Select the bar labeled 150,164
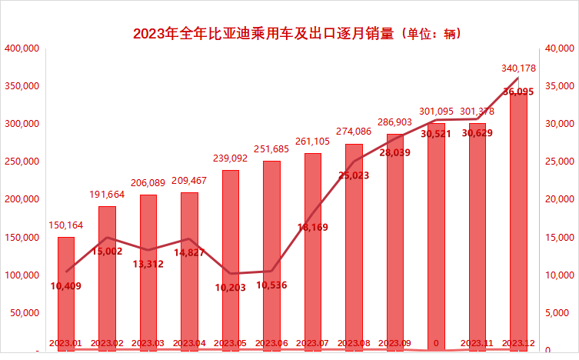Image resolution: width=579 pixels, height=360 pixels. point(66,292)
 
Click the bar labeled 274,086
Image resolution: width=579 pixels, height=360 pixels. point(354,246)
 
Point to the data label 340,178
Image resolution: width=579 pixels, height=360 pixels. point(518,68)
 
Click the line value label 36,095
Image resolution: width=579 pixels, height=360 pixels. point(518,92)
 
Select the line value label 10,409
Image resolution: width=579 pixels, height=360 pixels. point(66,286)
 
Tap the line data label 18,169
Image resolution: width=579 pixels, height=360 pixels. point(313,227)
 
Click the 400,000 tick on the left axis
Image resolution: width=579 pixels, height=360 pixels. point(22,48)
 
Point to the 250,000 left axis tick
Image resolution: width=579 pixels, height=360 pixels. point(22,162)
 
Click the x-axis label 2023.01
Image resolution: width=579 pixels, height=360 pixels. point(66,342)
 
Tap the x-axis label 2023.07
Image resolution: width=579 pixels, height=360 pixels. point(313,342)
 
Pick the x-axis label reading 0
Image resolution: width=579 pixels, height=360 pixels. point(436,342)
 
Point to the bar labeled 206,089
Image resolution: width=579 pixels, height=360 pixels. point(148,269)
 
